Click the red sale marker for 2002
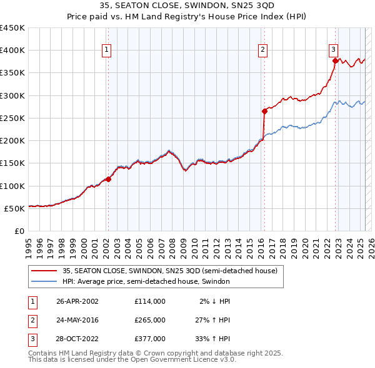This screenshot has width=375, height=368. [108, 179]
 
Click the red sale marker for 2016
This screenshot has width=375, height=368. [264, 111]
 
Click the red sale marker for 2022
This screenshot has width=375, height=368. [336, 61]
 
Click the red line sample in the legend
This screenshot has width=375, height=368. [44, 271]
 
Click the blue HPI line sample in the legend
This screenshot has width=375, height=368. [44, 281]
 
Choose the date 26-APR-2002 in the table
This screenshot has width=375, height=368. [77, 301]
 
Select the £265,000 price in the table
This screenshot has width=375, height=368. [150, 320]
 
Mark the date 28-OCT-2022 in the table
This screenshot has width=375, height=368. [77, 339]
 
